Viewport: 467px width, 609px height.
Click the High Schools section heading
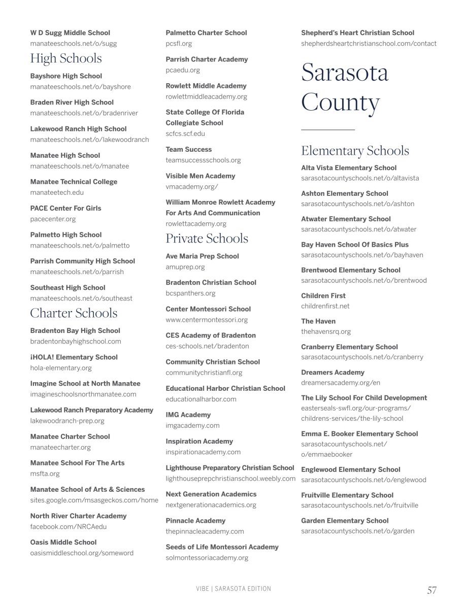click(x=66, y=58)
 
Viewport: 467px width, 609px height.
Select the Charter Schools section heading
click(x=74, y=313)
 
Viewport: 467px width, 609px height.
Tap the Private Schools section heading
click(x=207, y=239)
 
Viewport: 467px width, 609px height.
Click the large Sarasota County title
click(x=345, y=87)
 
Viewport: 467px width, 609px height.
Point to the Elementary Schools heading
click(x=355, y=151)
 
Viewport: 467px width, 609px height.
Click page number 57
click(x=431, y=590)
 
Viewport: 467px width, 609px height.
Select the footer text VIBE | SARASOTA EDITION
click(x=233, y=589)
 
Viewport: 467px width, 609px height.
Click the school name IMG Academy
click(x=188, y=415)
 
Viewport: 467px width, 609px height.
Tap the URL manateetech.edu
click(x=57, y=192)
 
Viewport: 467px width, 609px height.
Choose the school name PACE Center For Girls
click(x=65, y=208)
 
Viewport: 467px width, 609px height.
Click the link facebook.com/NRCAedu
click(x=69, y=527)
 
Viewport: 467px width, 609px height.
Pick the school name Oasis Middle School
click(x=63, y=542)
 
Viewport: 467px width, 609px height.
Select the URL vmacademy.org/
click(x=192, y=187)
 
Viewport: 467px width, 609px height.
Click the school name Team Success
click(x=189, y=150)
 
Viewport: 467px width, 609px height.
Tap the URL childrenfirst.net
click(x=325, y=306)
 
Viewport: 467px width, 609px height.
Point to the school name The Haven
click(x=318, y=321)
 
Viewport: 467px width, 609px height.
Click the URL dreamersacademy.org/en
click(x=341, y=383)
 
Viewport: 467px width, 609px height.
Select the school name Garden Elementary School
click(x=345, y=521)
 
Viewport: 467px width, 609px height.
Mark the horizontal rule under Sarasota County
click(x=328, y=130)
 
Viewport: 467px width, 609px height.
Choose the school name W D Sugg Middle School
click(x=70, y=33)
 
